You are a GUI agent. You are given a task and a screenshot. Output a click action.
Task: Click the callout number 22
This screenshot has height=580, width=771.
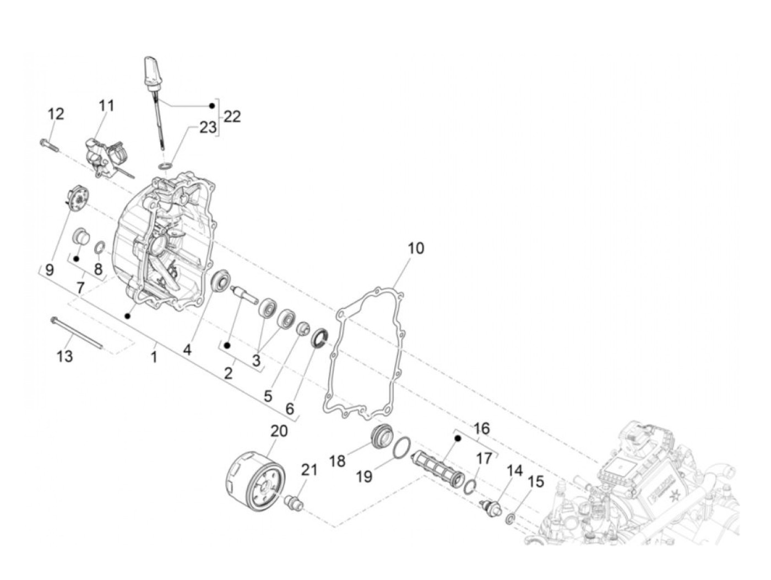pyautogui.click(x=232, y=117)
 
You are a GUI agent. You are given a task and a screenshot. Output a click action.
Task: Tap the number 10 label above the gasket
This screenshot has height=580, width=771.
pyautogui.click(x=416, y=248)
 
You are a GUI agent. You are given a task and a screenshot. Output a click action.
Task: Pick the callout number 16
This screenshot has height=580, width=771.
pyautogui.click(x=481, y=428)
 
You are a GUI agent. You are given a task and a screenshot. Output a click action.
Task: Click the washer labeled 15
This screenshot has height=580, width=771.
pyautogui.click(x=511, y=517)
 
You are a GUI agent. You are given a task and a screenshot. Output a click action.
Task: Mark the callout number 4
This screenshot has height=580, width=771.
pyautogui.click(x=187, y=350)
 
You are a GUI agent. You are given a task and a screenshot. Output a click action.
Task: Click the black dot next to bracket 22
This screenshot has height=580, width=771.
pyautogui.click(x=211, y=105)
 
